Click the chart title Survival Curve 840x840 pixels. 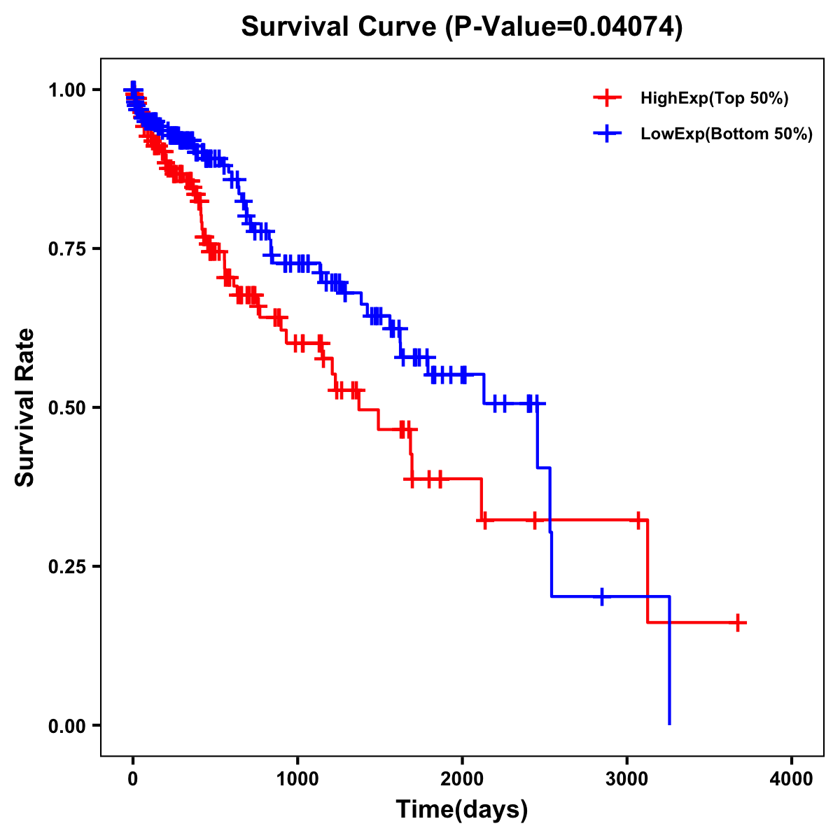(x=340, y=27)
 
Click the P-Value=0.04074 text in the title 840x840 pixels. (x=564, y=27)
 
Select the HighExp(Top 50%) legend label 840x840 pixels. (x=714, y=99)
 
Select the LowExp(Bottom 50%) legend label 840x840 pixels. (x=727, y=134)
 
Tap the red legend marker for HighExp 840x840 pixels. (x=607, y=98)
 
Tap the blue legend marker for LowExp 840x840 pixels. (x=607, y=134)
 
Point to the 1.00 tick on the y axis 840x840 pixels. (x=66, y=90)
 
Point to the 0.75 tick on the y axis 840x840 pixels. (x=66, y=249)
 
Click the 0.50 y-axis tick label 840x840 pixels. (x=66, y=408)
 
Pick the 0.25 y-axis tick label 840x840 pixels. (x=66, y=567)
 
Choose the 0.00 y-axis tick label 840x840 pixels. (x=66, y=726)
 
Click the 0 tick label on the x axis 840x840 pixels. (x=133, y=780)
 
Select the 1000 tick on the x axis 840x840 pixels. (x=297, y=780)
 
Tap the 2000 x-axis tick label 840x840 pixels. (x=462, y=780)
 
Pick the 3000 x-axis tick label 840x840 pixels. (x=627, y=780)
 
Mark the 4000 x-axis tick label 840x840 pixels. (x=792, y=780)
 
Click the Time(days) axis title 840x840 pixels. (x=462, y=810)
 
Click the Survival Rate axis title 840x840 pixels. (x=25, y=407)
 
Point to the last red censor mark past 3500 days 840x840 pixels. (x=738, y=622)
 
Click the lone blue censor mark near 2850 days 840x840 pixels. (x=602, y=596)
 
